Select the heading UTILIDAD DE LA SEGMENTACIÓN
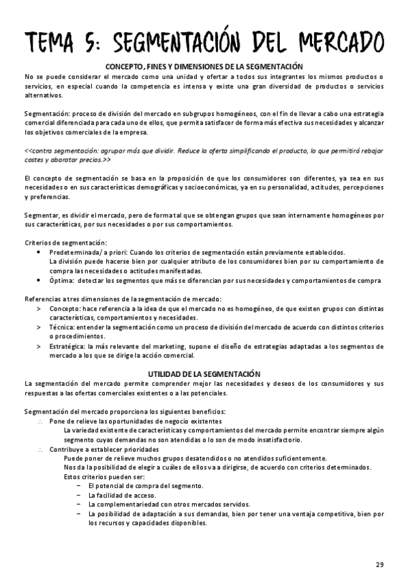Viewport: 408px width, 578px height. point(204,374)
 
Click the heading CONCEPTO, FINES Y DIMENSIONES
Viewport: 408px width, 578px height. point(204,66)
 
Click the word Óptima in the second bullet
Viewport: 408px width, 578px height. point(62,280)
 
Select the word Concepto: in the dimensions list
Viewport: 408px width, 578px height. point(65,308)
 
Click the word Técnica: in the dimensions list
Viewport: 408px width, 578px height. point(63,327)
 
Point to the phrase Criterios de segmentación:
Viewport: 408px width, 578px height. point(65,243)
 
